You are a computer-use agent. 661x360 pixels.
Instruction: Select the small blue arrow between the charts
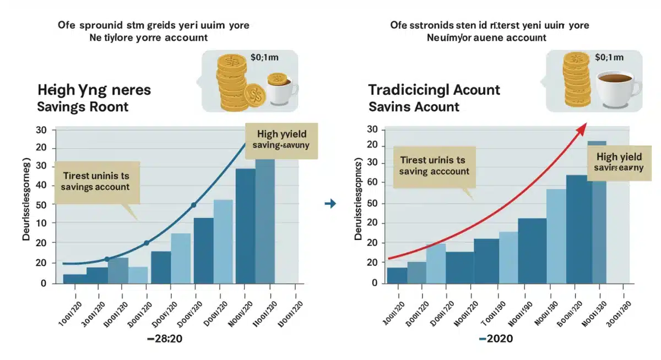(x=330, y=204)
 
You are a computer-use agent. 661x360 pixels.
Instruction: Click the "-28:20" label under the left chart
(x=165, y=339)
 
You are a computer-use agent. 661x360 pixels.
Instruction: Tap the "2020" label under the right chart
(x=496, y=339)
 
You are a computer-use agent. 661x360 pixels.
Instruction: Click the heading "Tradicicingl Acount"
(x=434, y=90)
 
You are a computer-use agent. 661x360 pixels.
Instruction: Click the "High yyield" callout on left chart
(x=281, y=140)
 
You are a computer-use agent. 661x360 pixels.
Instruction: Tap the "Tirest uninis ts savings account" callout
(x=96, y=182)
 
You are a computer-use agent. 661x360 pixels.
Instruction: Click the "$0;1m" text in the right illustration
(x=609, y=57)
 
